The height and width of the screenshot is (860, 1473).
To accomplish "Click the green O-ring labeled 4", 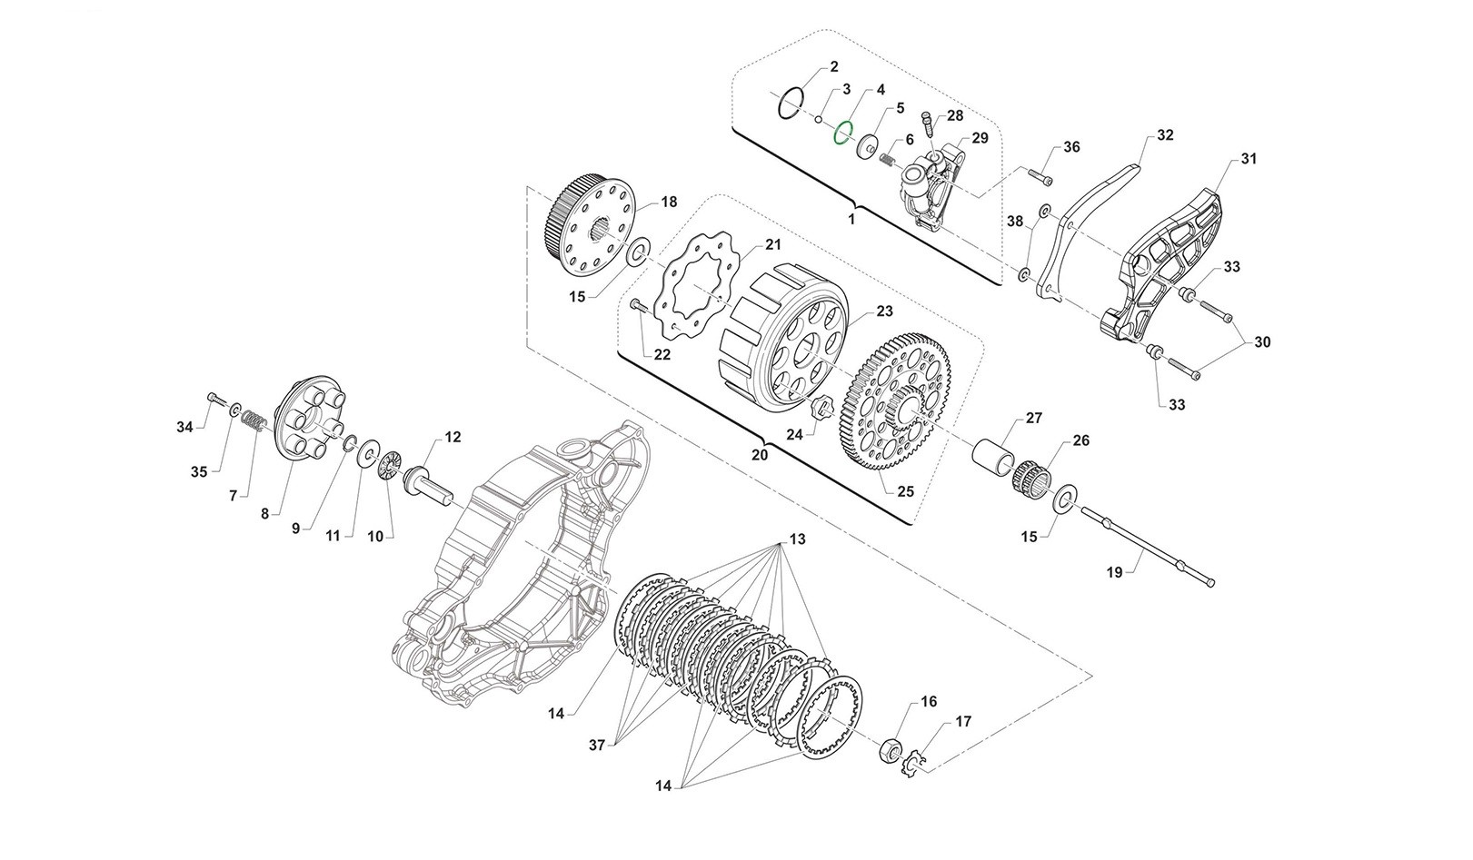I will (843, 135).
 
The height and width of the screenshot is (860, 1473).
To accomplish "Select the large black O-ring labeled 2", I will (791, 103).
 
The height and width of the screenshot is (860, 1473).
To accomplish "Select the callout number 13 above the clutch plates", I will (796, 539).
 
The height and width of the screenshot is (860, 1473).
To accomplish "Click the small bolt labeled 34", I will (213, 399).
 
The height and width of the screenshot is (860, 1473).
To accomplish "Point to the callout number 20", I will (760, 453).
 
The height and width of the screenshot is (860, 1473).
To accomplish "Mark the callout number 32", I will (1165, 135).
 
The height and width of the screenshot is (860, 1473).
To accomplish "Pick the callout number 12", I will (453, 438).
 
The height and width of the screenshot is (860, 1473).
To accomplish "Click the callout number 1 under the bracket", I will (851, 220).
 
